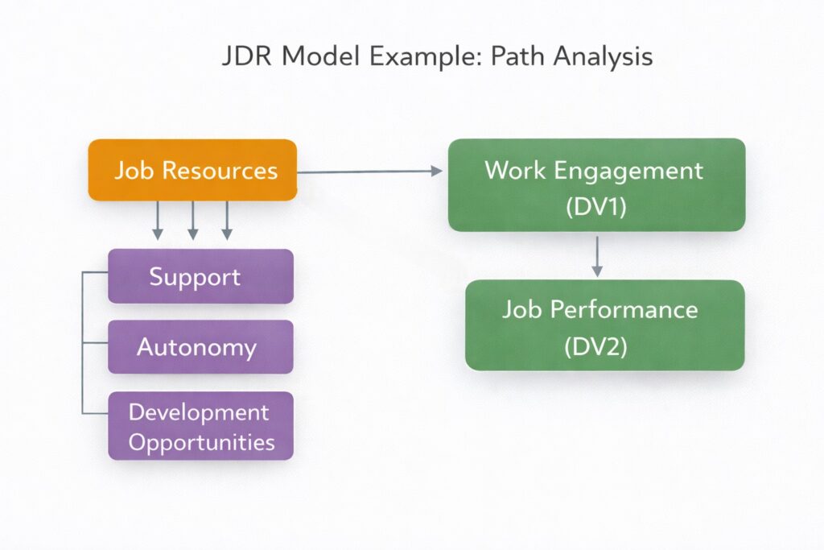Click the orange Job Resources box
192,170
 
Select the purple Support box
200,276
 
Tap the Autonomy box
200,347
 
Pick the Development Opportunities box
200,426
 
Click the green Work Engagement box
596,184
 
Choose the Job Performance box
604,325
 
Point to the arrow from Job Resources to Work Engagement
370,171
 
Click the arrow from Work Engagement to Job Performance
597,255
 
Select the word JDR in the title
245,58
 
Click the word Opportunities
202,442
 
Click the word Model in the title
314,58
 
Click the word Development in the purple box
199,411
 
